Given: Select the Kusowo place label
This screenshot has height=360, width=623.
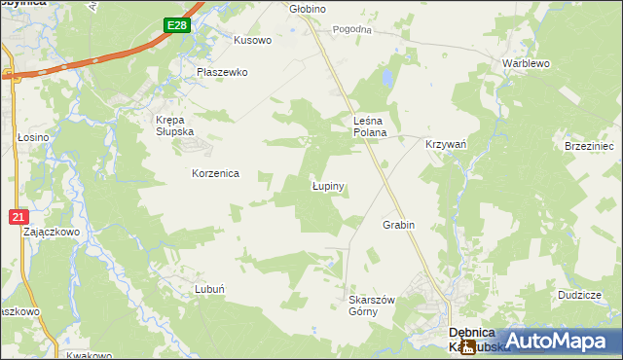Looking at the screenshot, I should tap(253, 41).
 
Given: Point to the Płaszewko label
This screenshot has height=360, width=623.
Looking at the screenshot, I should tap(222, 72).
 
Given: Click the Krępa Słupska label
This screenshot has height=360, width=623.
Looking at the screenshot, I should tap(175, 126).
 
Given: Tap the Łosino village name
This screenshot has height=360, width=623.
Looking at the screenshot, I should tap(33, 138).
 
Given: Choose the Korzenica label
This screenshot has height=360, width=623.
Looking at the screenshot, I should tap(215, 173).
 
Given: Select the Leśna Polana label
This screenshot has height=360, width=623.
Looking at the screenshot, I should tap(370, 126).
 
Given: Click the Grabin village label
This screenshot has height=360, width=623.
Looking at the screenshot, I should tap(398, 225).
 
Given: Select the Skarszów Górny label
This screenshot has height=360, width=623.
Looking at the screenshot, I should tap(371, 306).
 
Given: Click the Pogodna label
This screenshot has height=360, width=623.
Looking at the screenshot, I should tap(352, 30).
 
